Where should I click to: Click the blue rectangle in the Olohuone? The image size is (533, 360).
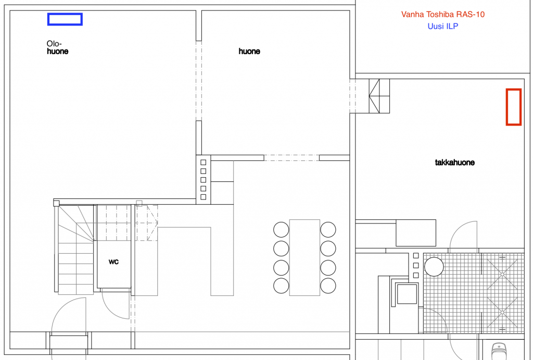[x=65, y=14]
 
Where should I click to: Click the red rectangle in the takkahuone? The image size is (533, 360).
[x=507, y=107]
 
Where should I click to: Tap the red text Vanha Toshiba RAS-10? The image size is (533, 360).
[x=442, y=14]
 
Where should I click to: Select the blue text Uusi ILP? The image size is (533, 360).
[x=442, y=26]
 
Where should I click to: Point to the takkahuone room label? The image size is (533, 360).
[x=454, y=163]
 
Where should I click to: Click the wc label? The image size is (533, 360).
[x=113, y=262]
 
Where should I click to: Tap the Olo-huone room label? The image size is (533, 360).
[x=57, y=47]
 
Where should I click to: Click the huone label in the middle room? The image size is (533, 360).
[x=249, y=52]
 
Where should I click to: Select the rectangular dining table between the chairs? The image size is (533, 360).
[x=304, y=257]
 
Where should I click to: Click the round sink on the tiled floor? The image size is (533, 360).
[x=434, y=266]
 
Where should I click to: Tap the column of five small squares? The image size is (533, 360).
[x=204, y=180]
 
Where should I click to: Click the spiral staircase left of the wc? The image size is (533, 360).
[x=76, y=250]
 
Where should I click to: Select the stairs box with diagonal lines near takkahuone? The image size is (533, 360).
[x=379, y=96]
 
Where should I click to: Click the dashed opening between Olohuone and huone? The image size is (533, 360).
[x=199, y=81]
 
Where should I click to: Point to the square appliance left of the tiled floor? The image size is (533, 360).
[x=407, y=294]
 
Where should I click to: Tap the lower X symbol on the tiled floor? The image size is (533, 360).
[x=502, y=312]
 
